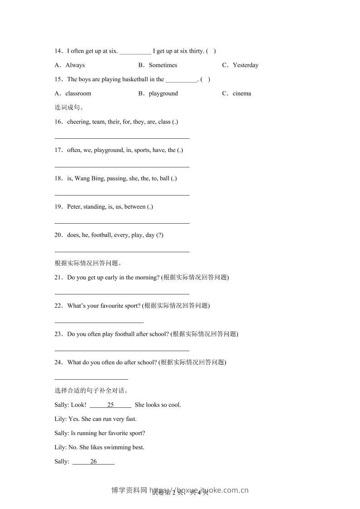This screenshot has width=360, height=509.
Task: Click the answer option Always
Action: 75,65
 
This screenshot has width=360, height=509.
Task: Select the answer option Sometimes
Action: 163,65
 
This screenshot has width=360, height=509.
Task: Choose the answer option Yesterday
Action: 245,65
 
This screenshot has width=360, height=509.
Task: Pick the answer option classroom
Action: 78,93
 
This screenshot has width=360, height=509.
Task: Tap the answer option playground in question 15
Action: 163,93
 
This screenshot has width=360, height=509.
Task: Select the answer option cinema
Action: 242,93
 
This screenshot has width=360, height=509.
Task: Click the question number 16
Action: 58,122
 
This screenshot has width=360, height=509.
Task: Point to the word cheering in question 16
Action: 78,122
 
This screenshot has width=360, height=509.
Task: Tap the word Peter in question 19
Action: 74,207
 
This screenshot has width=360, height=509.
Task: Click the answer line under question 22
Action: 99,322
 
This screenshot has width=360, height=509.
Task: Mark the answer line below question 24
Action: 91,378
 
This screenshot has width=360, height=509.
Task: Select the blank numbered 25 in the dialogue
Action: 110,405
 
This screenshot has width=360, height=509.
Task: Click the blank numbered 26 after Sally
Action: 94,462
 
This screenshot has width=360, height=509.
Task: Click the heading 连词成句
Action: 69,108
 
